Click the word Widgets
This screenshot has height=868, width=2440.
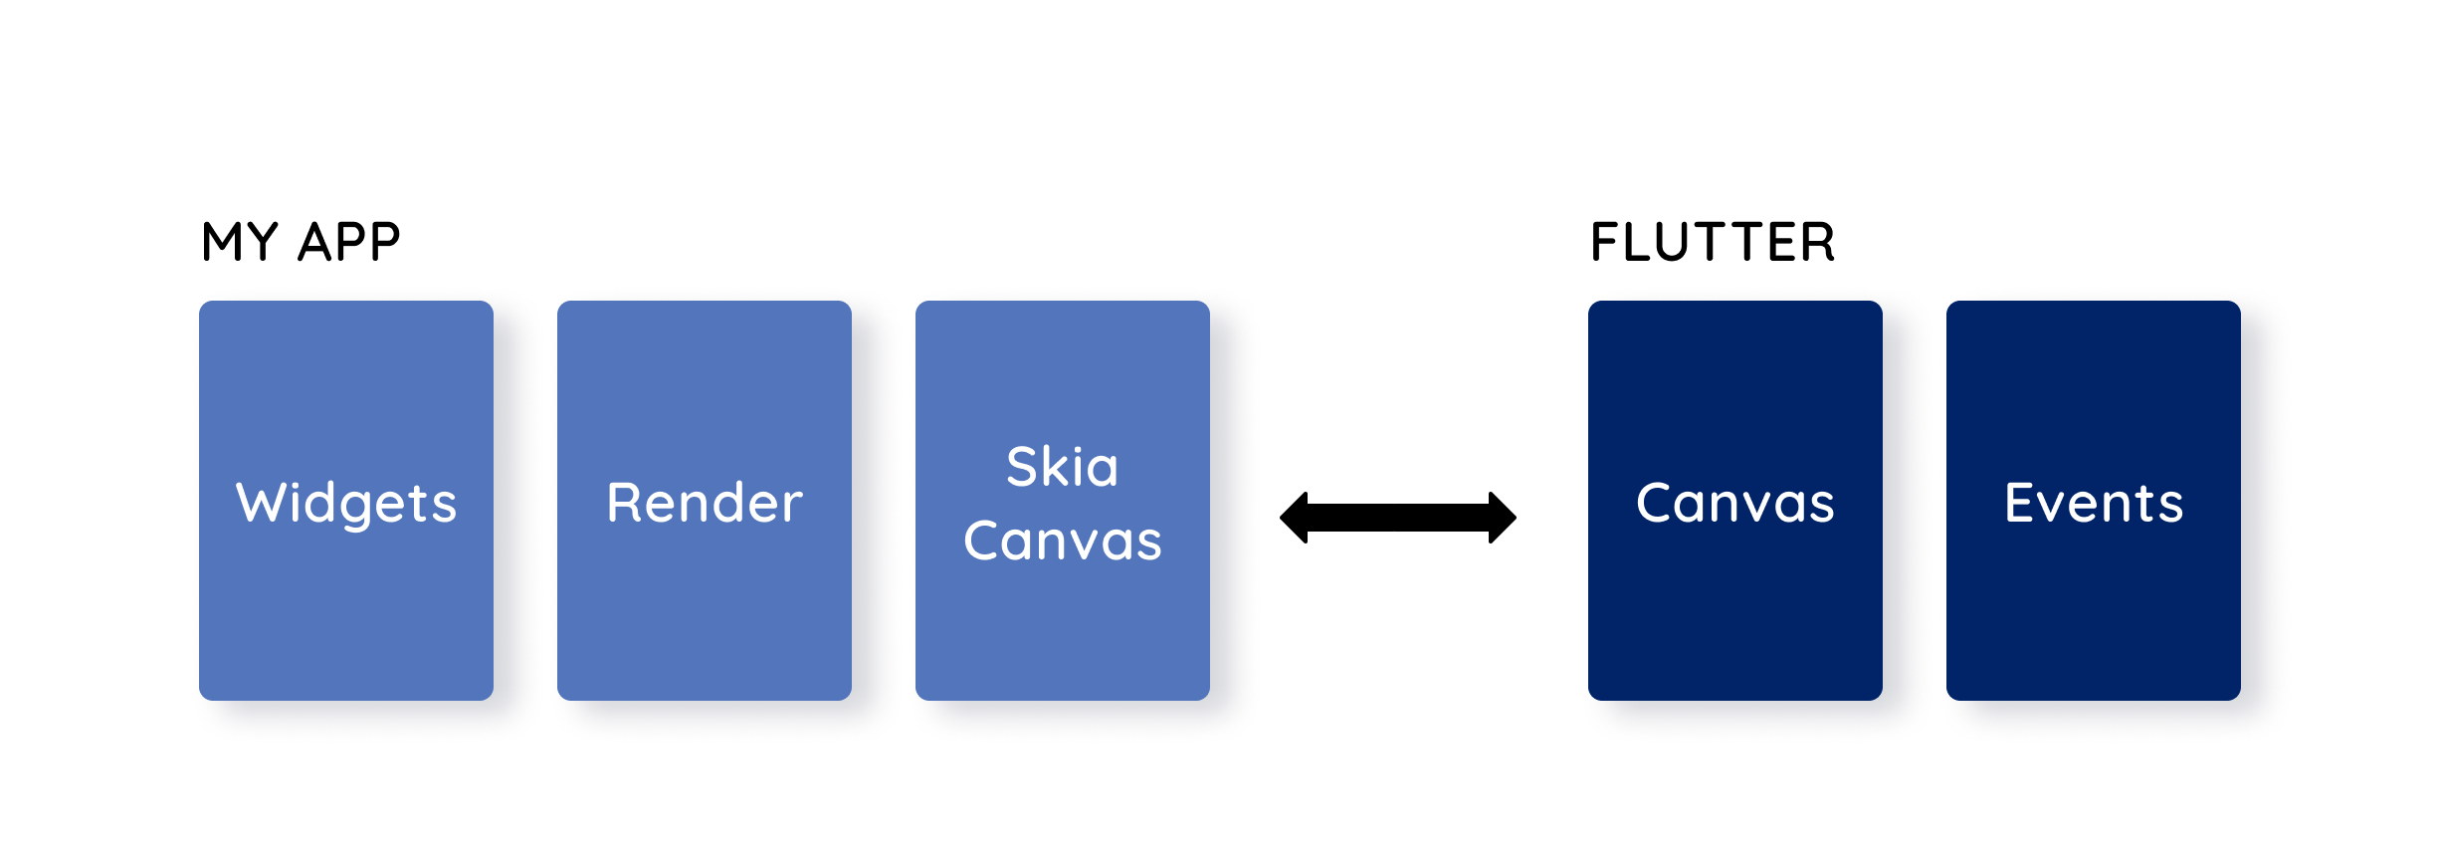pyautogui.click(x=346, y=503)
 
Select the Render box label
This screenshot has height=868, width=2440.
pyautogui.click(x=705, y=503)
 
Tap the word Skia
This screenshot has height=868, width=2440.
pyautogui.click(x=1062, y=467)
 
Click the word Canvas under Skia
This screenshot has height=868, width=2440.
pyautogui.click(x=1062, y=541)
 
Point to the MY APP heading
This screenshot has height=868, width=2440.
pyautogui.click(x=301, y=242)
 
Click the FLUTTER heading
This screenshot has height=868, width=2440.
pyautogui.click(x=1712, y=242)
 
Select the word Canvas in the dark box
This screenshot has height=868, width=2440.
pyautogui.click(x=1734, y=503)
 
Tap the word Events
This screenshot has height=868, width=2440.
pyautogui.click(x=2093, y=503)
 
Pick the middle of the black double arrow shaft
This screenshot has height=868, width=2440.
pyautogui.click(x=1398, y=518)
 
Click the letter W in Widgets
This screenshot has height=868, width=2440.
pyautogui.click(x=258, y=502)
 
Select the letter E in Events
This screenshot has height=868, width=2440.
pyautogui.click(x=2020, y=502)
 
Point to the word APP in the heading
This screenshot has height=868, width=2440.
pyautogui.click(x=349, y=242)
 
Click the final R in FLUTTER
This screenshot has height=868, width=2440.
pyautogui.click(x=1817, y=242)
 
